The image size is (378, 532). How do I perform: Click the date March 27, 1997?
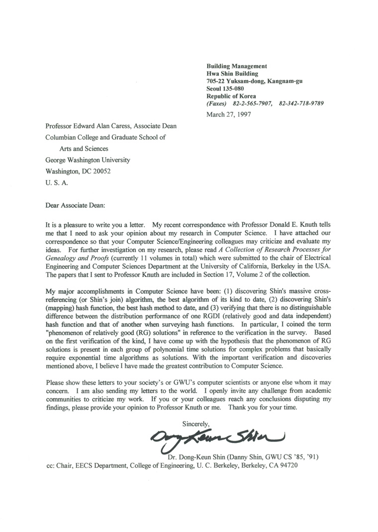point(229,114)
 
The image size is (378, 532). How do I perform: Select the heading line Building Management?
point(237,66)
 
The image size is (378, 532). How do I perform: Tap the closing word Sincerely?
point(196,423)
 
